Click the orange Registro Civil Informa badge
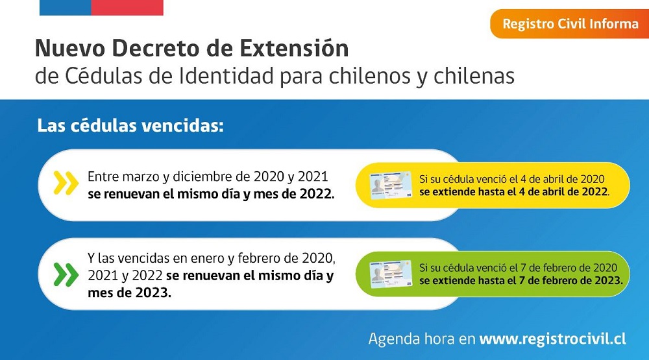(x=569, y=23)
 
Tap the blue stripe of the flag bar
(x=66, y=7)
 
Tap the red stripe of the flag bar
(x=127, y=7)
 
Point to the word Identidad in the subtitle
(x=227, y=76)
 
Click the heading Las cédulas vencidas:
(x=130, y=125)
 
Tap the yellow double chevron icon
(x=66, y=182)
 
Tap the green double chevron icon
(x=66, y=274)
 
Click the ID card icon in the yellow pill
(x=391, y=186)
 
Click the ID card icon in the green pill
(x=391, y=274)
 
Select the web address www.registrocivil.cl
(x=552, y=339)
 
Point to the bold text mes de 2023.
(x=129, y=293)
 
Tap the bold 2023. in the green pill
(x=609, y=281)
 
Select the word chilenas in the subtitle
(x=474, y=76)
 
